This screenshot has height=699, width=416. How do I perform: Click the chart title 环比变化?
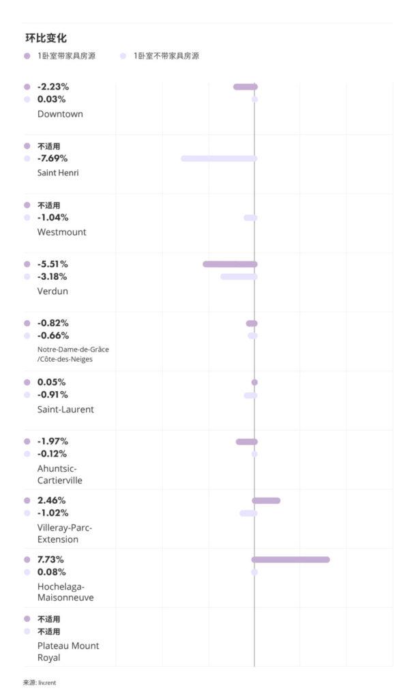coord(46,38)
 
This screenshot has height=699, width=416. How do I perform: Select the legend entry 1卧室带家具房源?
coord(66,56)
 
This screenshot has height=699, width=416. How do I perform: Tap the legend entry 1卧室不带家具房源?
coord(166,56)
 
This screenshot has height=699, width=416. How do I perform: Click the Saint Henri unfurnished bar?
coord(219,158)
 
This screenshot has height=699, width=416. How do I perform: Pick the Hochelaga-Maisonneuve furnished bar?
coord(291,560)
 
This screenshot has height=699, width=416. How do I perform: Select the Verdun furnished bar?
coord(230,264)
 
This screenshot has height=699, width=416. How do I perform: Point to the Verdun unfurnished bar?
coord(239,276)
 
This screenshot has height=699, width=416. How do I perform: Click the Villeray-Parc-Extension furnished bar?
coord(266,500)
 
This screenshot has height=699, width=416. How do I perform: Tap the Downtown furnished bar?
coord(246,87)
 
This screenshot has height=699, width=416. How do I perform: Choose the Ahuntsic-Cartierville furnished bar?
coord(247,442)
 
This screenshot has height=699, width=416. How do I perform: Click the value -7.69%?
coord(53,158)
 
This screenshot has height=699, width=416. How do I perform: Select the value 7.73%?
coord(51,560)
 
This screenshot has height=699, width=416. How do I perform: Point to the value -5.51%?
coord(53,264)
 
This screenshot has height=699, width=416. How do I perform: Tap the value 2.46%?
coord(51,500)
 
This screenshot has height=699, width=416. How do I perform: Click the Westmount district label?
coord(61,232)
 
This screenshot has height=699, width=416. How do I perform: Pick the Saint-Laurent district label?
coord(65,410)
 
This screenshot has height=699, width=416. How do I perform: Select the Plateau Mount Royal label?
coord(68,652)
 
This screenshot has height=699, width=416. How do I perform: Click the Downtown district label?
coord(60,114)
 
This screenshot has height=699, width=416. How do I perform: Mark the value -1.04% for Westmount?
coord(53,218)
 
